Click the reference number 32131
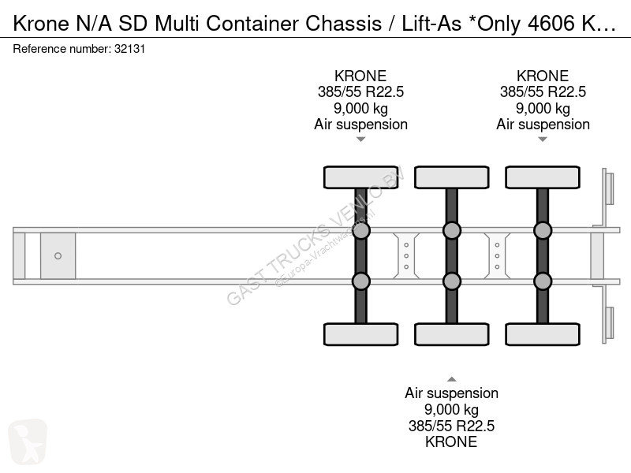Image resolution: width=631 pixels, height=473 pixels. pyautogui.click(x=129, y=49)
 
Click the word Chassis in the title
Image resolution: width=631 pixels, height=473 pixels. pyautogui.click(x=343, y=24)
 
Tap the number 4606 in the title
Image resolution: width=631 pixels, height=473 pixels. pyautogui.click(x=551, y=24)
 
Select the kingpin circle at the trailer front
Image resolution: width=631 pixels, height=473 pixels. pyautogui.click(x=58, y=255)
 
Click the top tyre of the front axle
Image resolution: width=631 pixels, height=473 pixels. pyautogui.click(x=361, y=177)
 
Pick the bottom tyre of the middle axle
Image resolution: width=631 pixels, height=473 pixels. pyautogui.click(x=452, y=334)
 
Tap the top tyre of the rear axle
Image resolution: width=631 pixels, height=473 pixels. pyautogui.click(x=543, y=177)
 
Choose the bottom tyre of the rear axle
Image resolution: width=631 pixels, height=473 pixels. pyautogui.click(x=543, y=334)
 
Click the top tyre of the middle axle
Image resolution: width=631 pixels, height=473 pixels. pyautogui.click(x=452, y=177)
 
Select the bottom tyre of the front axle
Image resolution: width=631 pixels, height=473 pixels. pyautogui.click(x=361, y=334)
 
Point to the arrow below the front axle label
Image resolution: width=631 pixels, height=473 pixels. pyautogui.click(x=361, y=140)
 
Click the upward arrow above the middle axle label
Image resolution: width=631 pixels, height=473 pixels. pyautogui.click(x=452, y=379)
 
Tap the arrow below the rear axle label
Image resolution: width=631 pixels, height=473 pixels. pyautogui.click(x=543, y=140)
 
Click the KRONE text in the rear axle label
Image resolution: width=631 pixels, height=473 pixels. pyautogui.click(x=543, y=76)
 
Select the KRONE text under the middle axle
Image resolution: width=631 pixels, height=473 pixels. pyautogui.click(x=451, y=441)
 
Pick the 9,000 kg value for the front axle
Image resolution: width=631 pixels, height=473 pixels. pyautogui.click(x=360, y=108)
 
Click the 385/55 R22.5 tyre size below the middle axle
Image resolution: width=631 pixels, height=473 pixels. pyautogui.click(x=451, y=426)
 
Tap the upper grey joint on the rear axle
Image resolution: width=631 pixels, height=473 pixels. pyautogui.click(x=543, y=230)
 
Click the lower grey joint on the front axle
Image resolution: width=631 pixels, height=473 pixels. pyautogui.click(x=361, y=281)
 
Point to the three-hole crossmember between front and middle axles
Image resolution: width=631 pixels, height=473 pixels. pyautogui.click(x=406, y=255)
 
